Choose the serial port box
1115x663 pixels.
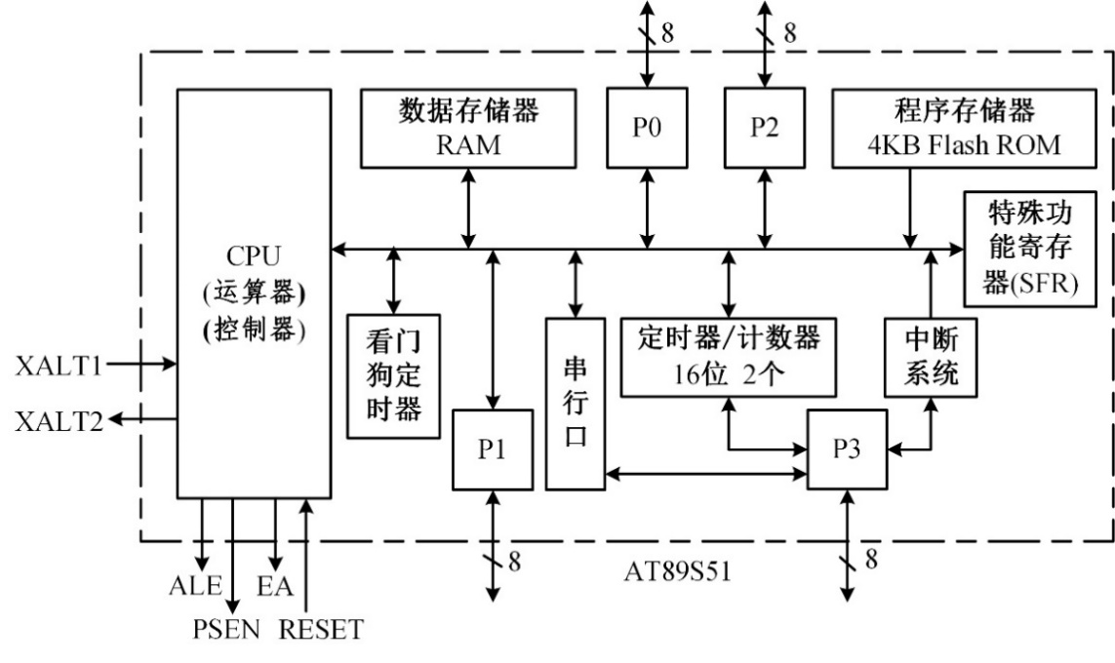pyautogui.click(x=576, y=403)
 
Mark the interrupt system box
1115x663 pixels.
pyautogui.click(x=931, y=357)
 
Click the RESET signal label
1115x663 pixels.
pyautogui.click(x=321, y=629)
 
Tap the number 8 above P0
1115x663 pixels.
pyautogui.click(x=668, y=31)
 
